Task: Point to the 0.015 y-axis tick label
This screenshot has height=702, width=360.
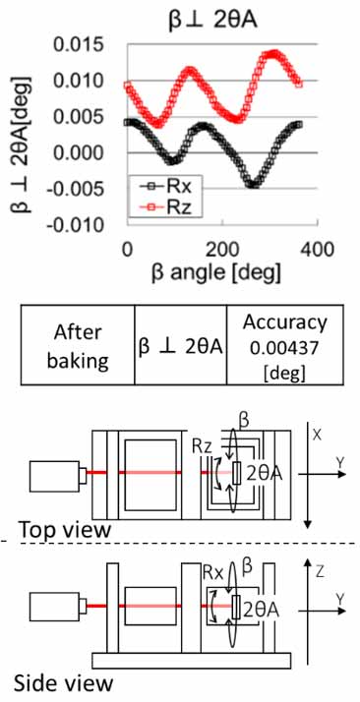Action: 79,45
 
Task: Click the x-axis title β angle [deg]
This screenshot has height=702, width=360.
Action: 215,272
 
